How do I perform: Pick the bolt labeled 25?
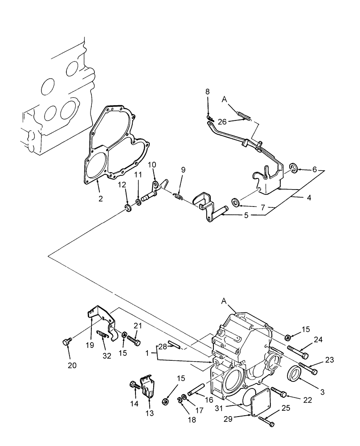pos(266,421)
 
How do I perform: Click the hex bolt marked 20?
pos(66,342)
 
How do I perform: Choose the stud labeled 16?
pos(197,387)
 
